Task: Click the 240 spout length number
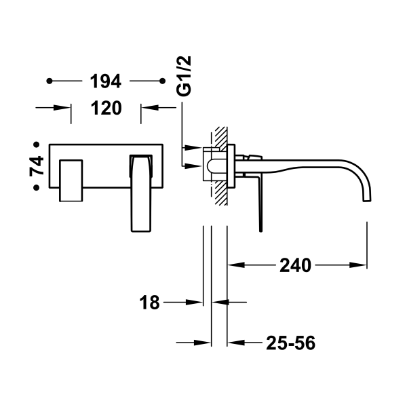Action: click(x=295, y=265)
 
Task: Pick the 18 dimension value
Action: click(x=151, y=303)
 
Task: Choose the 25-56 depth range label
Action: click(x=290, y=343)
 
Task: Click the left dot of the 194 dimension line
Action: click(x=50, y=82)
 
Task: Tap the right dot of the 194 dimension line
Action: click(x=162, y=82)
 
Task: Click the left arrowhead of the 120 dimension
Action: click(x=66, y=107)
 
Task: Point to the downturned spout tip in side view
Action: click(x=367, y=193)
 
